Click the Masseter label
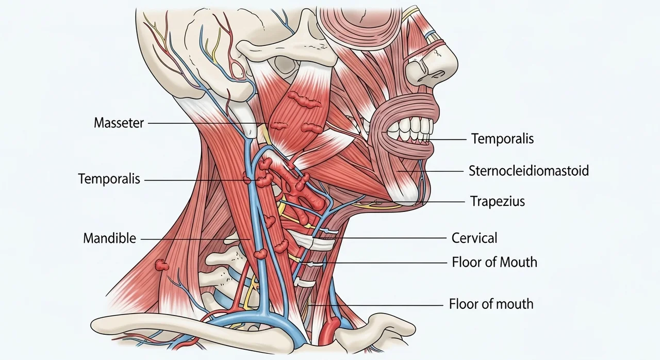pos(119,123)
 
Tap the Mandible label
pos(110,238)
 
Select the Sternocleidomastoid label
pos(529,171)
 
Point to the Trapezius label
pos(498,202)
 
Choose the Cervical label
pos(474,238)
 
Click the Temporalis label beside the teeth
pos(502,138)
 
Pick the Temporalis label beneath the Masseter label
pos(109,179)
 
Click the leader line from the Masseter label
pos(208,123)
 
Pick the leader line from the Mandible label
pos(195,239)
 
